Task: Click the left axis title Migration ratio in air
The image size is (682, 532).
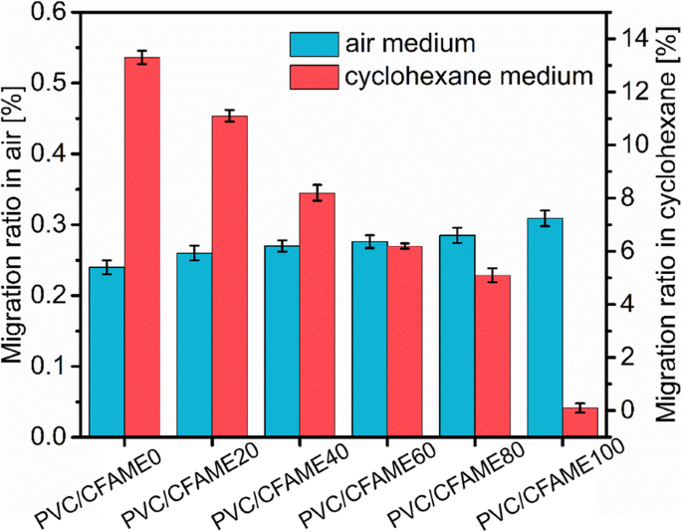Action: (x=17, y=224)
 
